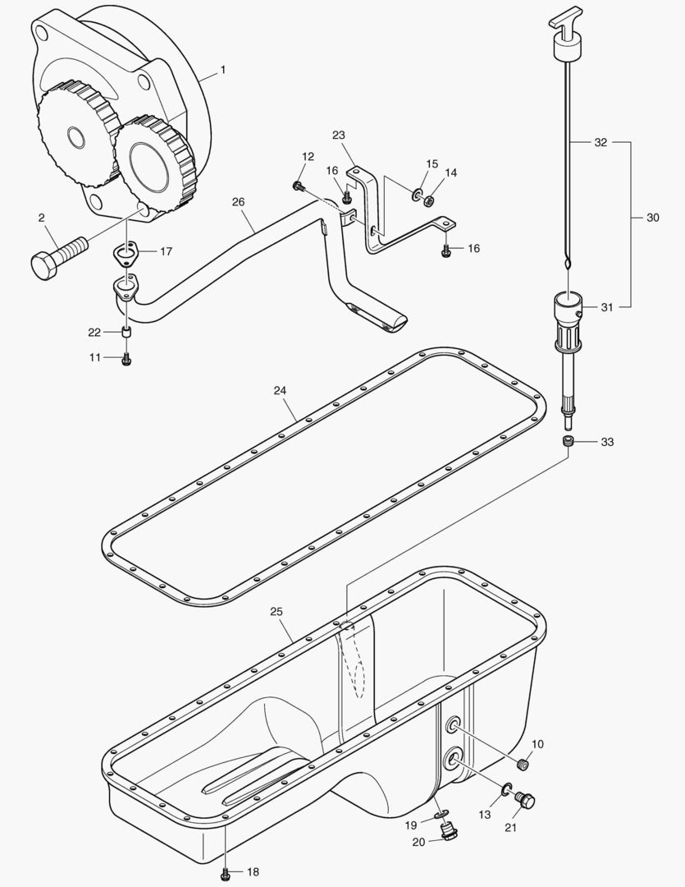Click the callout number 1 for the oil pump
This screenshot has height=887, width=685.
(x=221, y=71)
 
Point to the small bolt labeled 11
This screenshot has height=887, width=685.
(x=126, y=358)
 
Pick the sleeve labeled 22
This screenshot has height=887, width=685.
(x=126, y=332)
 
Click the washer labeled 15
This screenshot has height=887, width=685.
(x=416, y=195)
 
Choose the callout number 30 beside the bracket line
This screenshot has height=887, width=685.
(x=653, y=218)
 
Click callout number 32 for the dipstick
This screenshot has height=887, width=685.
(x=601, y=142)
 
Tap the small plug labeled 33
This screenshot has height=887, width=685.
(x=568, y=442)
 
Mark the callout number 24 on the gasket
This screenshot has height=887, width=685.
(x=280, y=391)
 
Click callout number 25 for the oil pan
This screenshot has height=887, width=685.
(x=276, y=613)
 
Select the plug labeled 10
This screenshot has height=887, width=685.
(x=524, y=765)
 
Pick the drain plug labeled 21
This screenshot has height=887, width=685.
(x=527, y=799)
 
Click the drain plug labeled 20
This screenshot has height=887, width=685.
(x=448, y=834)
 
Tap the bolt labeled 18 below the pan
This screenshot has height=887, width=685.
(x=225, y=873)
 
